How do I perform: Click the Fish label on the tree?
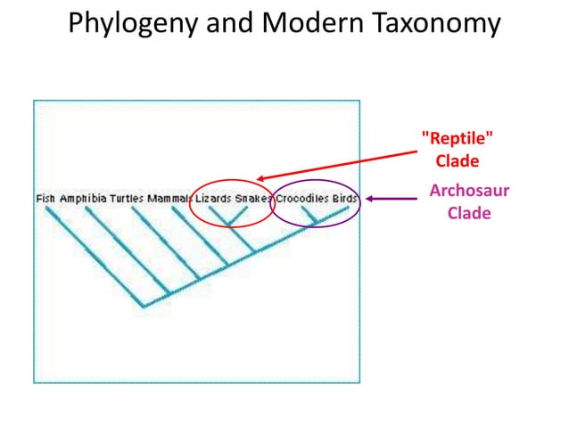pyautogui.click(x=45, y=198)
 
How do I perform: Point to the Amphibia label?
pyautogui.click(x=83, y=198)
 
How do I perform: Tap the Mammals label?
pyautogui.click(x=169, y=198)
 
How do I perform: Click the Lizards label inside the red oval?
pyautogui.click(x=213, y=198)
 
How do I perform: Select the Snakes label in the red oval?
pyautogui.click(x=252, y=198)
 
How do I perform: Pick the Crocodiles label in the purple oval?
pyautogui.click(x=301, y=198)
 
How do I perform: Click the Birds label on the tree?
pyautogui.click(x=344, y=198)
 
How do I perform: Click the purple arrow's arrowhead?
pyautogui.click(x=367, y=199)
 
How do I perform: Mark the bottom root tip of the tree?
pyautogui.click(x=143, y=307)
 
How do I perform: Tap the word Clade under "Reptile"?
pyautogui.click(x=457, y=161)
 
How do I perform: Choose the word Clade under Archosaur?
pyautogui.click(x=468, y=214)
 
